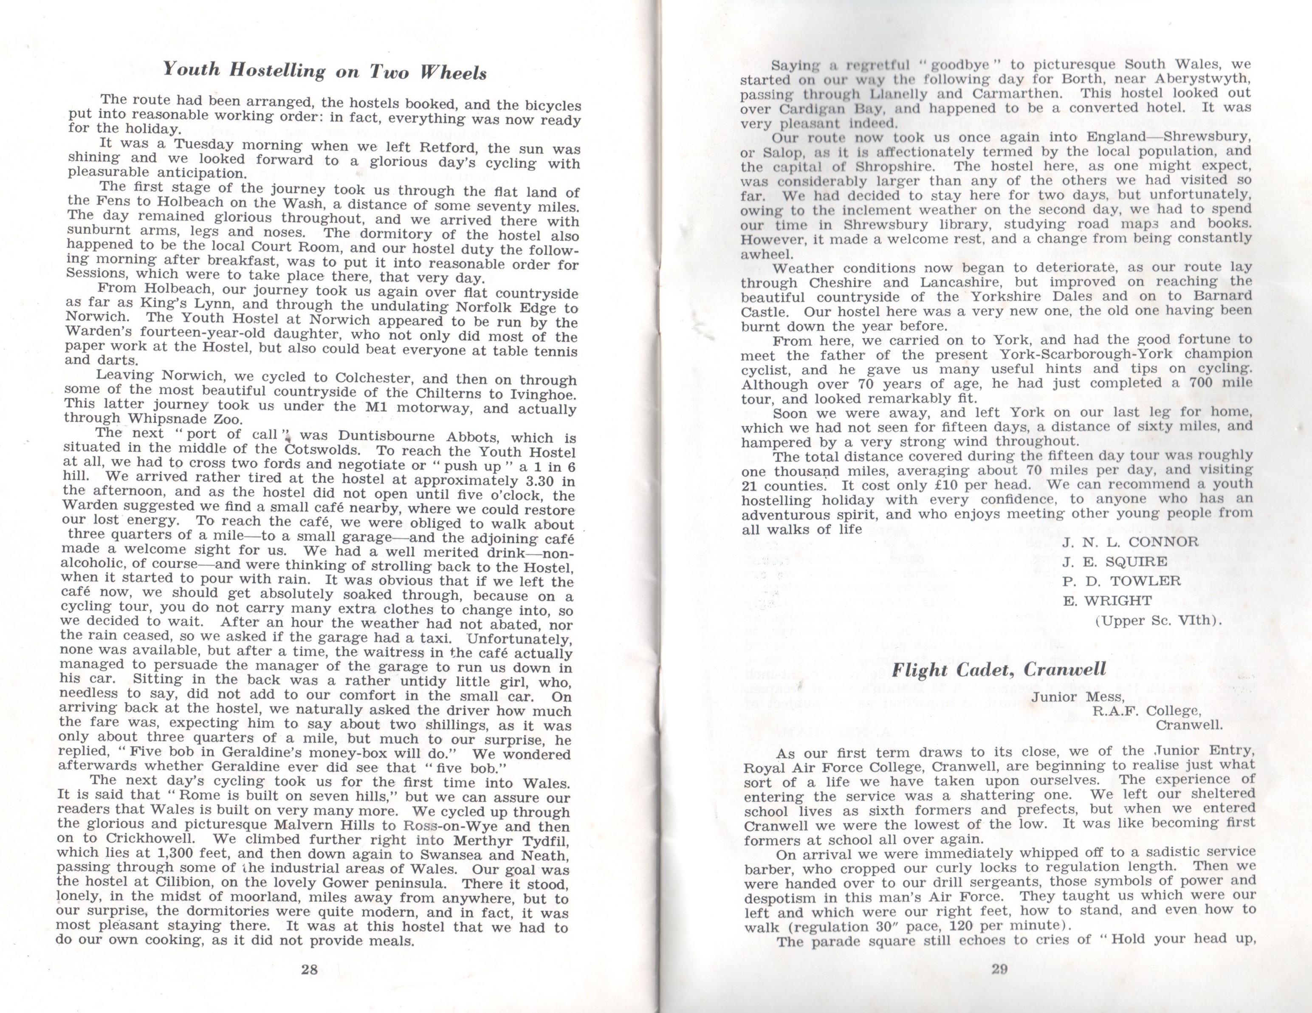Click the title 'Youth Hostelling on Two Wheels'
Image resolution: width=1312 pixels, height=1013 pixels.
point(324,71)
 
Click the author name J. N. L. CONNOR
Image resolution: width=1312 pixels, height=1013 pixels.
point(1130,542)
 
